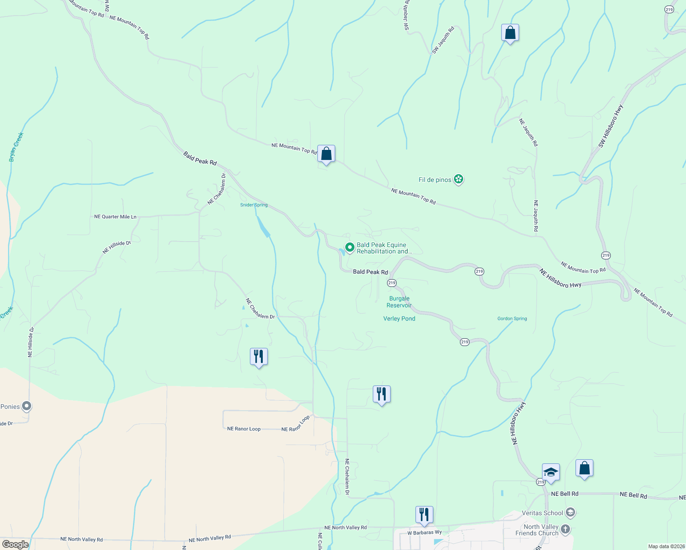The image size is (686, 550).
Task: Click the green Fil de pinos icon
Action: (458, 179)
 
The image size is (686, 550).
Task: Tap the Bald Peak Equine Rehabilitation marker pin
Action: (349, 247)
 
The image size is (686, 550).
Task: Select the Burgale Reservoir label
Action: (399, 302)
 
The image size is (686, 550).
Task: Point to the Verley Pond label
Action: (399, 319)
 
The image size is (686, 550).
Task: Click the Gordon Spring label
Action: (512, 319)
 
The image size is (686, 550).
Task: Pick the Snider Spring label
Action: (254, 205)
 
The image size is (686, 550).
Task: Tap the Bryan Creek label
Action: (16, 147)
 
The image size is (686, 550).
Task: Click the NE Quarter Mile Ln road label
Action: (115, 217)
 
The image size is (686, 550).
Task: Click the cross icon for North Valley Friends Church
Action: (565, 529)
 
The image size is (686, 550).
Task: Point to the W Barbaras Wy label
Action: (425, 533)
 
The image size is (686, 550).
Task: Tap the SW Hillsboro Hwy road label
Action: (611, 127)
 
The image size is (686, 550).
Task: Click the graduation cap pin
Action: (550, 472)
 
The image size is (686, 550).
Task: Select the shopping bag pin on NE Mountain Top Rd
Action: (326, 154)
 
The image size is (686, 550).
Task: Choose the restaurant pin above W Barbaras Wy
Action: (424, 515)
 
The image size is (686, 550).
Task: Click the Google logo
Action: (15, 544)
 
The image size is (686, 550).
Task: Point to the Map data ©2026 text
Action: (666, 546)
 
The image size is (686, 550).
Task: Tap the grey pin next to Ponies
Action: (27, 406)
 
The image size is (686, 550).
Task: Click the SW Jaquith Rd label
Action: (443, 40)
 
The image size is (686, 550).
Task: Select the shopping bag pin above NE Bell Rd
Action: (584, 468)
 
